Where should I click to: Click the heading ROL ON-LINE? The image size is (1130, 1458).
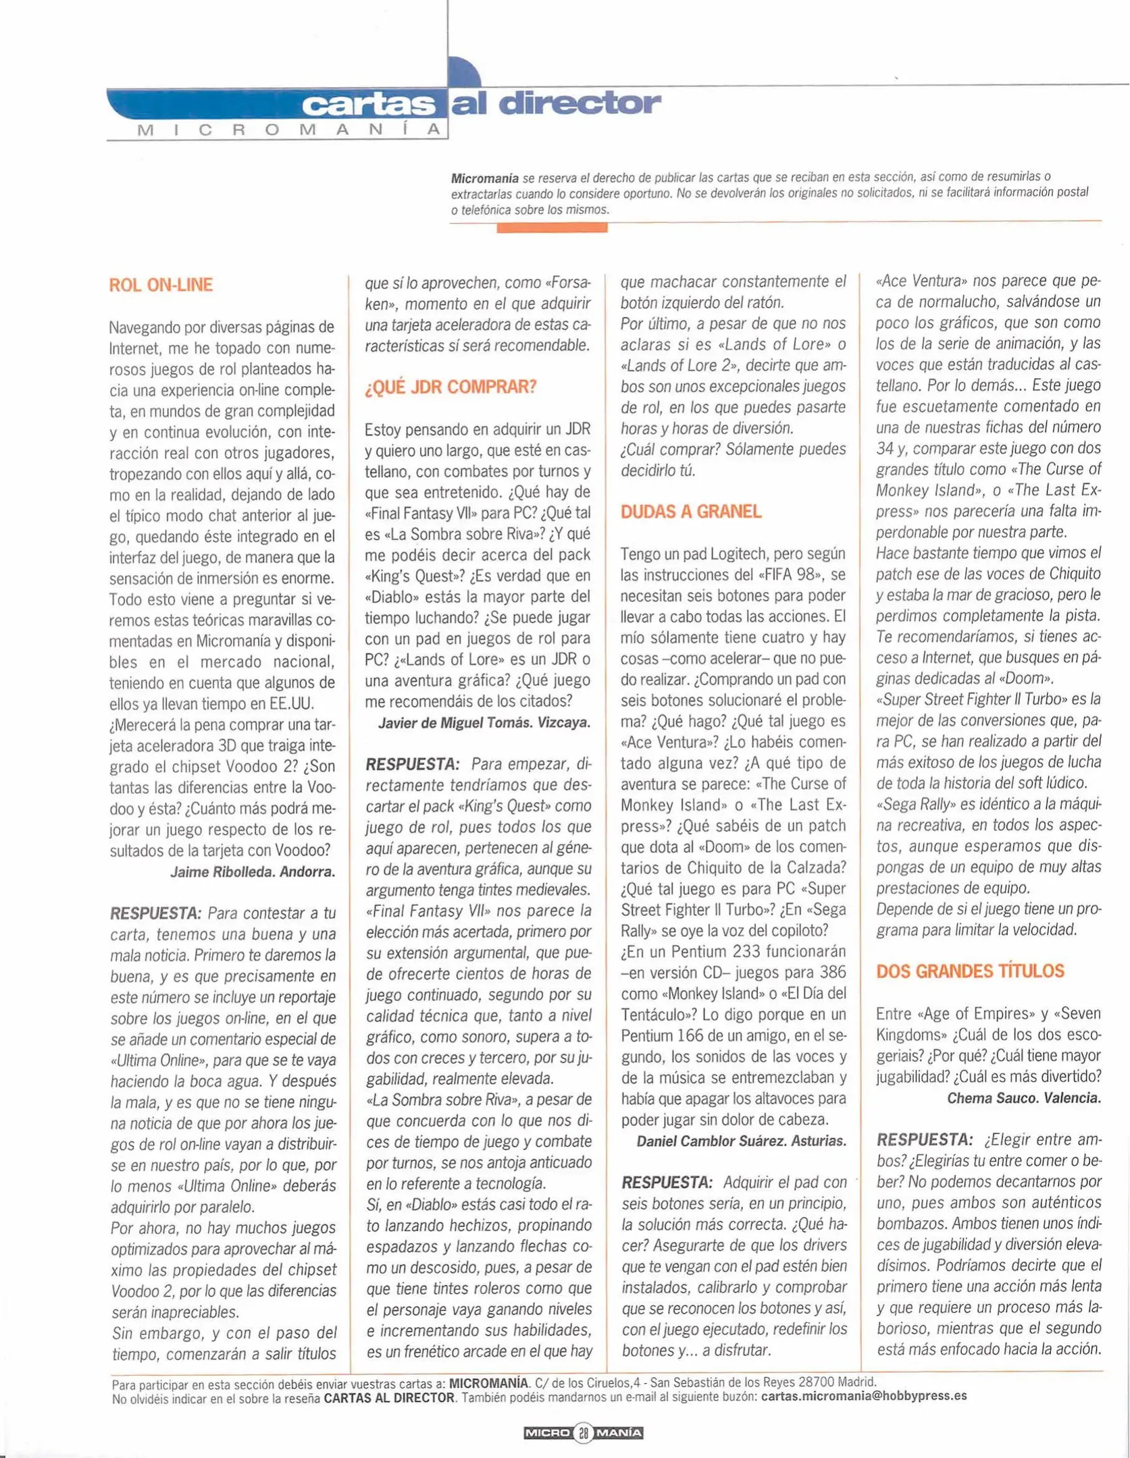(161, 285)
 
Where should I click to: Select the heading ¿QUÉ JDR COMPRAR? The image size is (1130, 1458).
(451, 387)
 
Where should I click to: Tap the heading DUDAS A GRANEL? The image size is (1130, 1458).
(691, 512)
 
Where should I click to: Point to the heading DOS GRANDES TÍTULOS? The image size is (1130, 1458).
(970, 971)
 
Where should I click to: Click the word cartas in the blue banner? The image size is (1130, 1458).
(368, 105)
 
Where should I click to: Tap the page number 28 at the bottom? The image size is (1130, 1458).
(583, 1432)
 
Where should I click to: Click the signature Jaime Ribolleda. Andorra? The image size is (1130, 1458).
(253, 871)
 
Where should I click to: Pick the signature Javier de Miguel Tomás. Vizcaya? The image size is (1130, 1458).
(484, 723)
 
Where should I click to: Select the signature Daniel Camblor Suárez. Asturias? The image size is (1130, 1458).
(741, 1141)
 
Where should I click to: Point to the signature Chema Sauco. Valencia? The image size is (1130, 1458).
(1023, 1098)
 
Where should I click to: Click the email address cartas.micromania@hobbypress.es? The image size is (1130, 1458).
(863, 1396)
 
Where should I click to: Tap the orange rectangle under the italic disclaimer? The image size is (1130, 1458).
(552, 228)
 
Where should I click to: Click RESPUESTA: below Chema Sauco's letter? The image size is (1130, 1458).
(924, 1140)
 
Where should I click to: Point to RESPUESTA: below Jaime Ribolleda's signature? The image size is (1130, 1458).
(155, 913)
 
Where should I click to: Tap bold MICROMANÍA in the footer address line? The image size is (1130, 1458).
(488, 1382)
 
